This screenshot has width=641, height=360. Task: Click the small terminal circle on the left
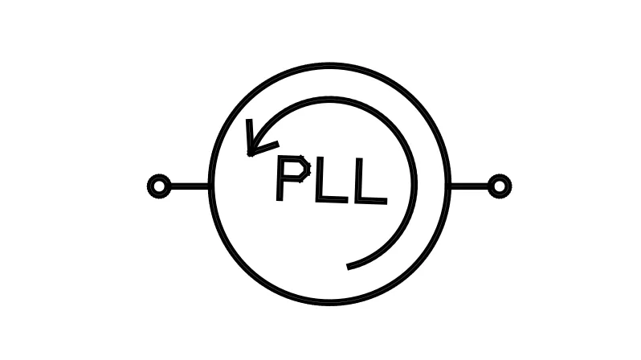coord(159,186)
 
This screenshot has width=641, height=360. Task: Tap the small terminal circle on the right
coord(500,186)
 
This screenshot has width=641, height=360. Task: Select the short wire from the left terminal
coord(190,186)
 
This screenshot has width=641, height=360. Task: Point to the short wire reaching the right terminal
coord(469,186)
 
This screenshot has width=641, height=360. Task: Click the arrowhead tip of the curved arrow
coord(250,154)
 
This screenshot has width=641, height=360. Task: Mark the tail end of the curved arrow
coord(348,267)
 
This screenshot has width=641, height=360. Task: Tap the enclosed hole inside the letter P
coord(295,170)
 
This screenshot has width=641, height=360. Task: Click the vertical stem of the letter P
coord(280,179)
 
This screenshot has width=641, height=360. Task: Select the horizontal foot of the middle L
coord(332,200)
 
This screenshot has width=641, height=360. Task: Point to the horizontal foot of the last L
coord(371,201)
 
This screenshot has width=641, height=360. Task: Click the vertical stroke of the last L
coord(358,179)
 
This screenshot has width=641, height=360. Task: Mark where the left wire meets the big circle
coord(210,186)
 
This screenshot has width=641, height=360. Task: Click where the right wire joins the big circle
coord(450,186)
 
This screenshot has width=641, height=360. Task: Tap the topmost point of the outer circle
coord(329,65)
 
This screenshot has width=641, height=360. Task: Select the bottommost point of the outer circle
coord(329,303)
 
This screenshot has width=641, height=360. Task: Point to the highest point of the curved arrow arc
coord(329,99)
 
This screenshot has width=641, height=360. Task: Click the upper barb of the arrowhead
coord(249,137)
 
